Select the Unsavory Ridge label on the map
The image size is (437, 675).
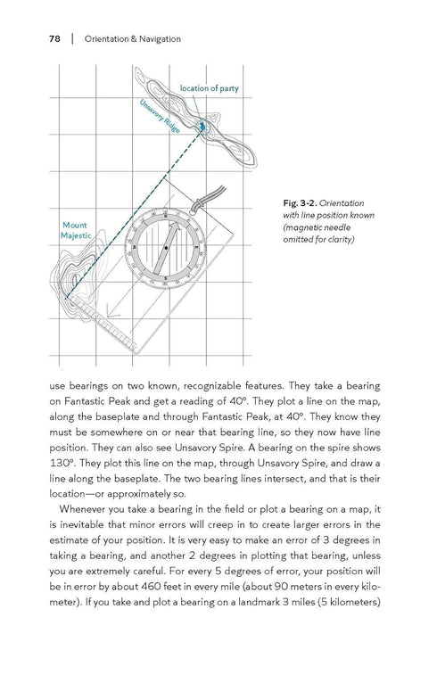161,119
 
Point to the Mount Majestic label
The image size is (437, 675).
75,230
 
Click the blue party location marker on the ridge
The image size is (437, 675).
203,127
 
